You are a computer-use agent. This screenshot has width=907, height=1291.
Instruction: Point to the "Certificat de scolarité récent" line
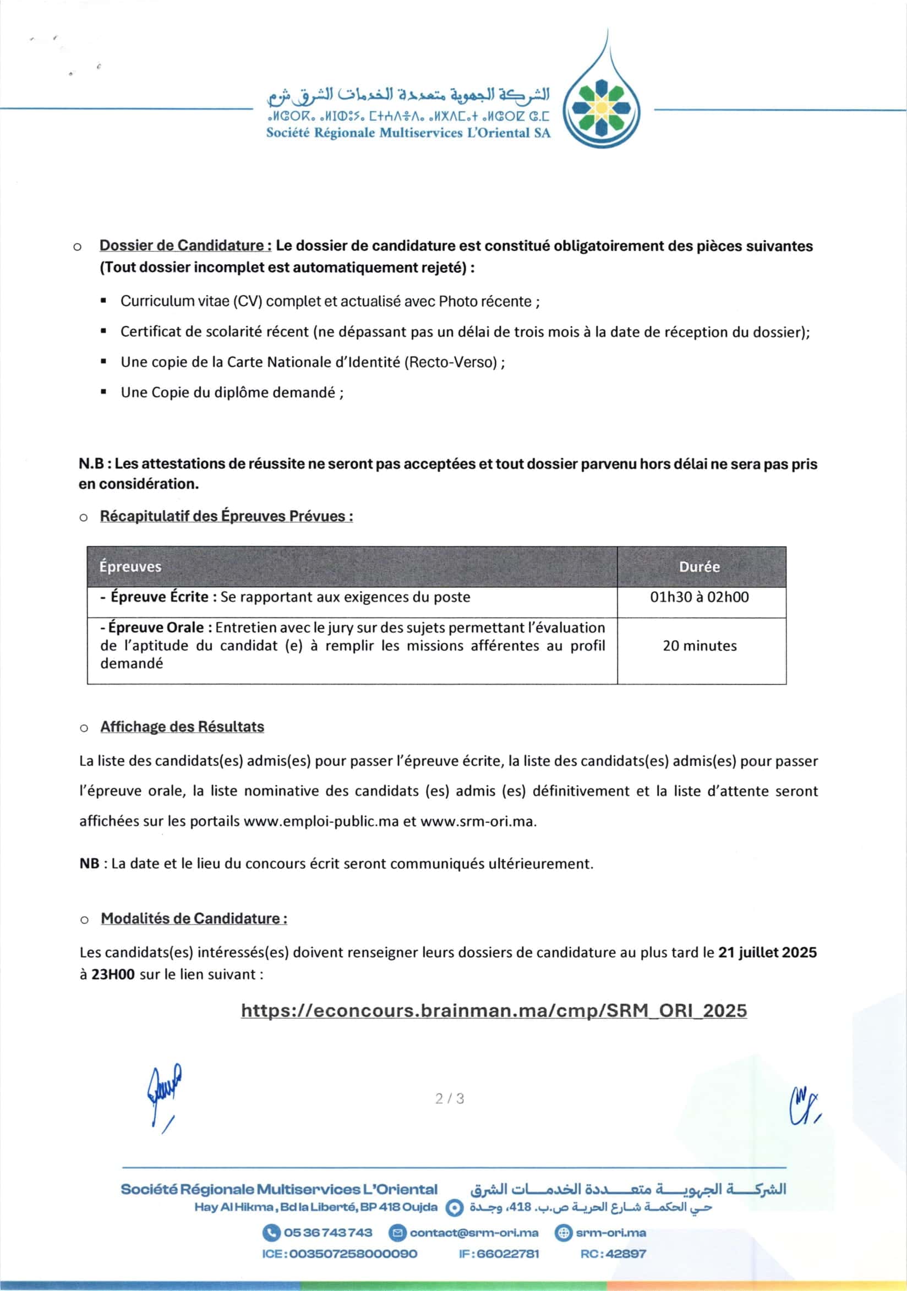465,332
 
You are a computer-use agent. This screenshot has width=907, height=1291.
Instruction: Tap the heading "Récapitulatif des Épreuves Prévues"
226,516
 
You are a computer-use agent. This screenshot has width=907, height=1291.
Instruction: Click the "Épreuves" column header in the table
130,566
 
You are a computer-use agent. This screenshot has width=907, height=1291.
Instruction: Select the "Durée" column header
699,566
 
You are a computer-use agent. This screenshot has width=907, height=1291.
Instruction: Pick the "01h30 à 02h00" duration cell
699,597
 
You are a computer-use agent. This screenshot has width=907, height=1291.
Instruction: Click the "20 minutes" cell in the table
699,645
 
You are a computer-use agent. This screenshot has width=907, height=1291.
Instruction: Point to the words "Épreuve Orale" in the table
156,627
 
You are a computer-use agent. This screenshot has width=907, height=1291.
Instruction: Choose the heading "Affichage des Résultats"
182,726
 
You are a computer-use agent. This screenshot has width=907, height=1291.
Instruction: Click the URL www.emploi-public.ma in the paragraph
320,821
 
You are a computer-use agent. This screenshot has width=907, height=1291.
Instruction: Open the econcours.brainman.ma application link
494,1010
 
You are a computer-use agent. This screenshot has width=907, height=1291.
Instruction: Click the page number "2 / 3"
449,1098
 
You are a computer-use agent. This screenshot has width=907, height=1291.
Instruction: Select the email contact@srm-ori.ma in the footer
473,1233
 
